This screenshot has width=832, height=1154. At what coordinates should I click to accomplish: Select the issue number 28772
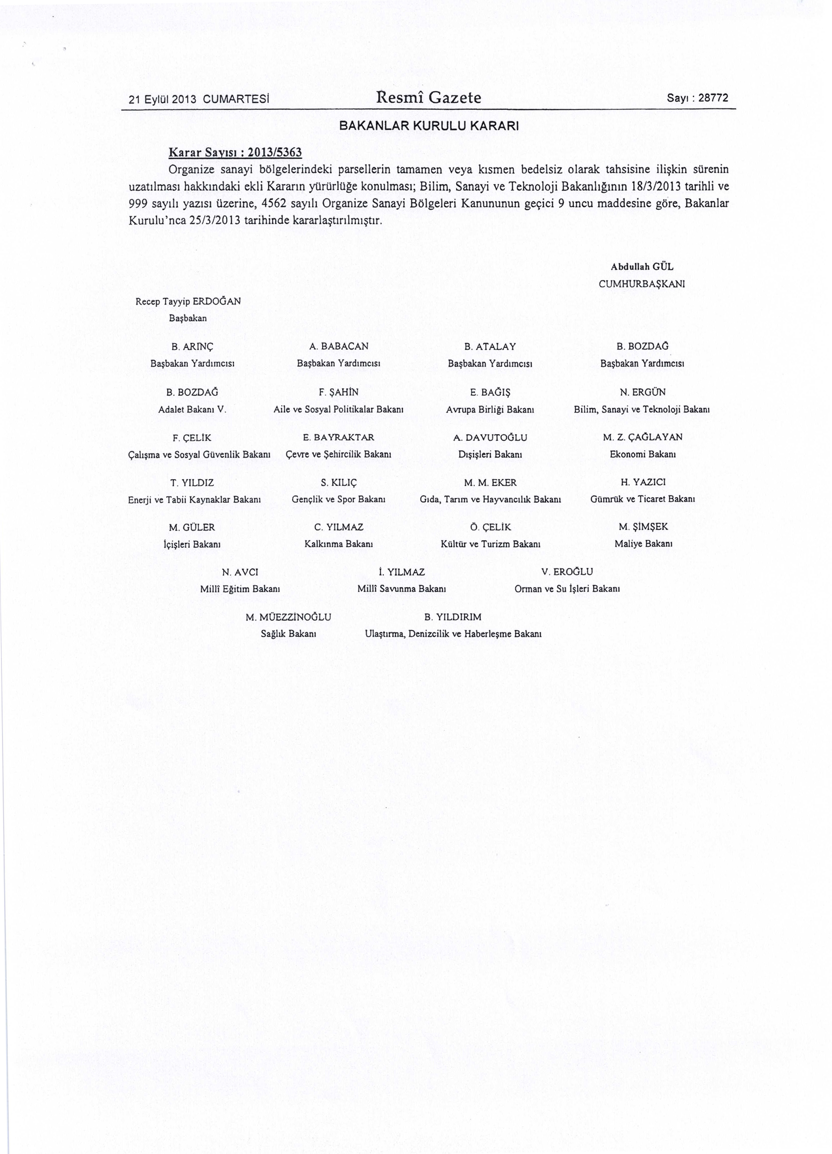tap(713, 98)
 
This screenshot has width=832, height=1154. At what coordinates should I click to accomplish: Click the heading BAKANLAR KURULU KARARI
tap(429, 125)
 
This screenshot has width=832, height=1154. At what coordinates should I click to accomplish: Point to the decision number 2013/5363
tap(274, 152)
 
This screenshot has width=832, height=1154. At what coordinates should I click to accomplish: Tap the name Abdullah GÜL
tap(642, 267)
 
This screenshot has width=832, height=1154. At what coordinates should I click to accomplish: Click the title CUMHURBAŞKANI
tap(642, 284)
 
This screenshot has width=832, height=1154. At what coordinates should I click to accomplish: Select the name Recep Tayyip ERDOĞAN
tap(188, 301)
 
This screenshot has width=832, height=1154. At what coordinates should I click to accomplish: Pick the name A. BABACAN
tap(339, 347)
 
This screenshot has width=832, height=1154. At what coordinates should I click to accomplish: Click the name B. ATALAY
tap(490, 347)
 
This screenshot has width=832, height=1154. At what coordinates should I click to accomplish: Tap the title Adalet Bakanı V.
tap(192, 409)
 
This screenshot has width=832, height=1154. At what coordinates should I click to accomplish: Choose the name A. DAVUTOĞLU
tap(490, 437)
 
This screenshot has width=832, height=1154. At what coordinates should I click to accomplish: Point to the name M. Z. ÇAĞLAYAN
tap(643, 437)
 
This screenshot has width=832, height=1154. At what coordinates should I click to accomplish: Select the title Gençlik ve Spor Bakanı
tap(338, 499)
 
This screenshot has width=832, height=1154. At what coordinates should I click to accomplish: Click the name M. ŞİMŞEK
tap(643, 527)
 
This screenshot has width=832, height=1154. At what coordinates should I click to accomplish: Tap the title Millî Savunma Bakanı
tap(402, 589)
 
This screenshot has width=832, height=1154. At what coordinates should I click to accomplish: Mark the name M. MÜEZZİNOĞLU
tap(288, 617)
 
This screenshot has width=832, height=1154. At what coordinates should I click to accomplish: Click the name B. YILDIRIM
tap(453, 617)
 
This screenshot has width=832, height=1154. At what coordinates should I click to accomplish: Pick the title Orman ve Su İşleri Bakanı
tap(567, 589)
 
